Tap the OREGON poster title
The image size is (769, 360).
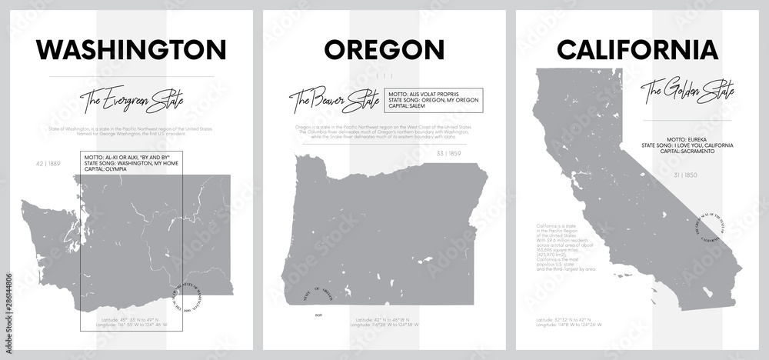(384, 50)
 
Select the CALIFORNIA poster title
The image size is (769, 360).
(637, 50)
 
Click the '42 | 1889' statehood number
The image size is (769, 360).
(48, 163)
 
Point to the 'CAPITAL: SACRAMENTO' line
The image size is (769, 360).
(681, 152)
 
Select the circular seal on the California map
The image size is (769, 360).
(711, 226)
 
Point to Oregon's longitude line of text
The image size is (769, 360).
(383, 326)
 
